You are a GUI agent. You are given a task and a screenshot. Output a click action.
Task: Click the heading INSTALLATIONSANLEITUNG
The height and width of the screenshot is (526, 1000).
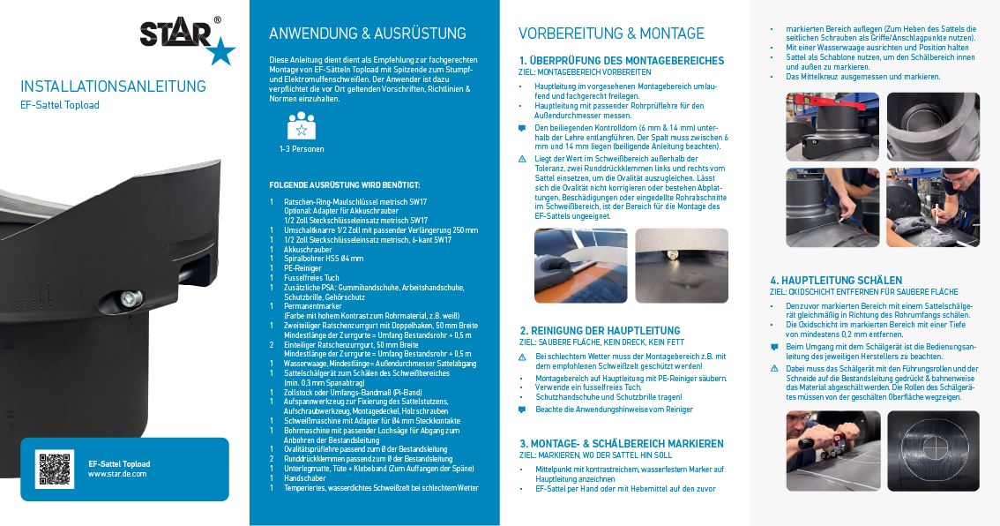[113, 86]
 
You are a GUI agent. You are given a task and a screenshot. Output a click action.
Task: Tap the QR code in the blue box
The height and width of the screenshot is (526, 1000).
[55, 470]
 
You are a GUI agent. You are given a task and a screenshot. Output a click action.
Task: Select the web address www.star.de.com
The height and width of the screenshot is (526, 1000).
[117, 474]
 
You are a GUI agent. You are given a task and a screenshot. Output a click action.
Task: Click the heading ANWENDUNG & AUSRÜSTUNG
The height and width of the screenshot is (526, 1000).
[367, 34]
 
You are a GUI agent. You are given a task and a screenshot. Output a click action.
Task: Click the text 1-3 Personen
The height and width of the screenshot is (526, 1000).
[301, 149]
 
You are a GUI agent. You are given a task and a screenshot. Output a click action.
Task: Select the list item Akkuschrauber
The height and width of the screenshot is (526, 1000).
[308, 249]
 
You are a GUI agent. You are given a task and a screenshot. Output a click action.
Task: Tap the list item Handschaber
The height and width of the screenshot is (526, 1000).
[305, 477]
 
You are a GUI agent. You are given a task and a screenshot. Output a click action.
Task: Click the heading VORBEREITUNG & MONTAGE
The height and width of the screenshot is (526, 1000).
[611, 34]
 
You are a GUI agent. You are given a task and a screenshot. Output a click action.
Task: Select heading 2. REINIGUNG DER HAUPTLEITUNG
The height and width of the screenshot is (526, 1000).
[600, 330]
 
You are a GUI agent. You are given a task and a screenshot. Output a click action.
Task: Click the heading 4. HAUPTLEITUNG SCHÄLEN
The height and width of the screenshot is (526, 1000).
[836, 281]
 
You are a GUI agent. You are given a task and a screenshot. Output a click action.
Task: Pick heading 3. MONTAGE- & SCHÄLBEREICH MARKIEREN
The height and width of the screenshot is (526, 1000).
[621, 443]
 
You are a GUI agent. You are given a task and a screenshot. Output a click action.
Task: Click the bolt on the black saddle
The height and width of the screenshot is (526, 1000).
[129, 299]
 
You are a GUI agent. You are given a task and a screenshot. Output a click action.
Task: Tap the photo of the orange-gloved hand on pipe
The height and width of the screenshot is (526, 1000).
[580, 266]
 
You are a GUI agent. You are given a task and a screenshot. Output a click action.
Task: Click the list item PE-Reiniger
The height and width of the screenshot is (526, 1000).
[302, 267]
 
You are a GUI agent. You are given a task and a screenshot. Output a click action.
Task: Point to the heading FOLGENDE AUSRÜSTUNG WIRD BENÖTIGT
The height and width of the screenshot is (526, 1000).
[344, 185]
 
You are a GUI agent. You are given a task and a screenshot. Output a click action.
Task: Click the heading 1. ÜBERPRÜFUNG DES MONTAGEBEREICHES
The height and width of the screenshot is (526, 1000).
[621, 61]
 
